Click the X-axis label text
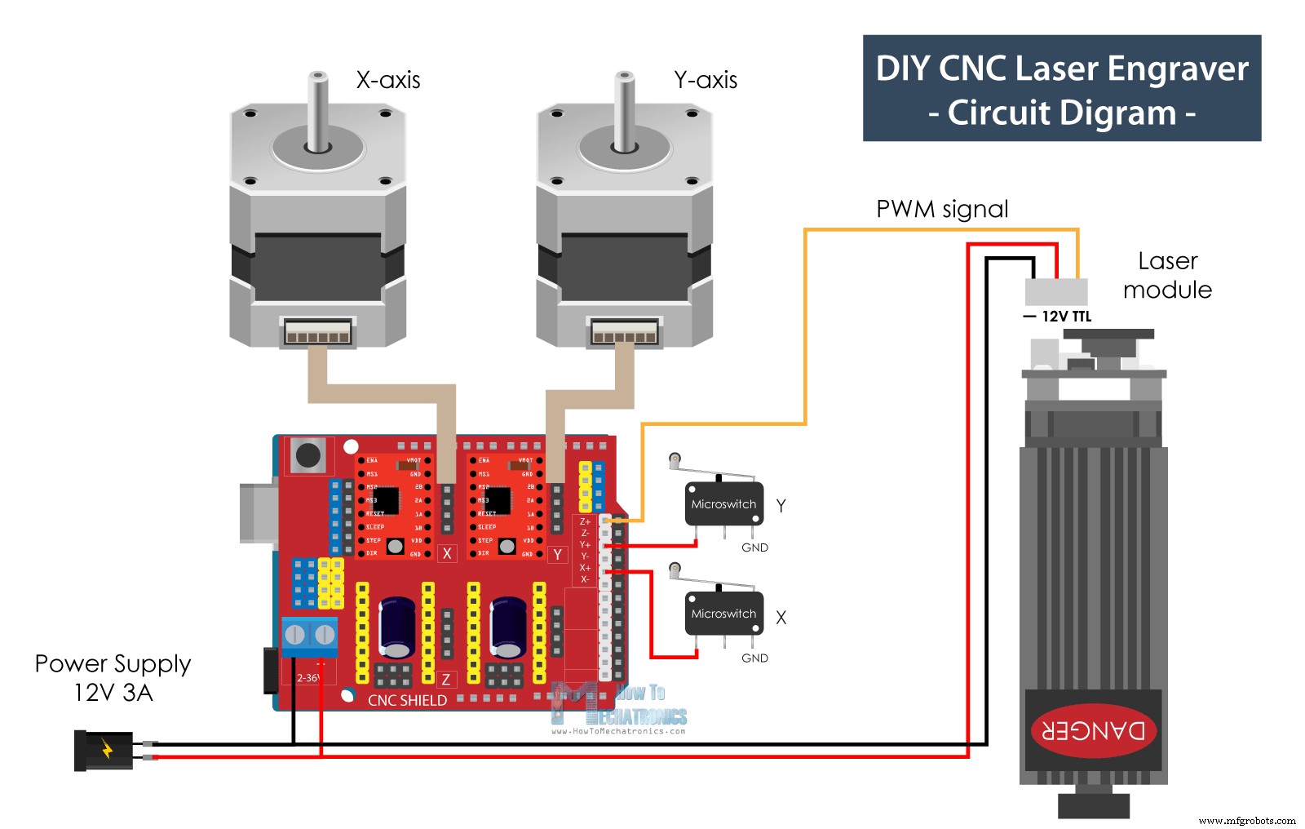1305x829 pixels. tap(388, 80)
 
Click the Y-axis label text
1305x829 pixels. tap(706, 80)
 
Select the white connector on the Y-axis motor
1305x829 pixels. tap(624, 332)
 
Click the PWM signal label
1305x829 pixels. tap(942, 210)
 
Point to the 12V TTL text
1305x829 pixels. tap(1066, 317)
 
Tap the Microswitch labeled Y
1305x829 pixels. tap(723, 504)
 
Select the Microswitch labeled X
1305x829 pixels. tap(723, 614)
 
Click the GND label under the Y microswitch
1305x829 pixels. tap(754, 547)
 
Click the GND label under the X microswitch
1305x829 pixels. tap(754, 658)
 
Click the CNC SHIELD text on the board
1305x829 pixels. tap(407, 700)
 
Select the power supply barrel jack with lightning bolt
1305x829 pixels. tap(104, 750)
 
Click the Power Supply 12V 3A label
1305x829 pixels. tap(113, 678)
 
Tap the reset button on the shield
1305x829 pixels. tap(308, 455)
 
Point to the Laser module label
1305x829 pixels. tap(1167, 275)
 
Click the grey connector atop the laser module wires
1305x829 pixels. tap(1056, 291)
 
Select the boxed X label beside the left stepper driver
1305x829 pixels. tap(447, 553)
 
